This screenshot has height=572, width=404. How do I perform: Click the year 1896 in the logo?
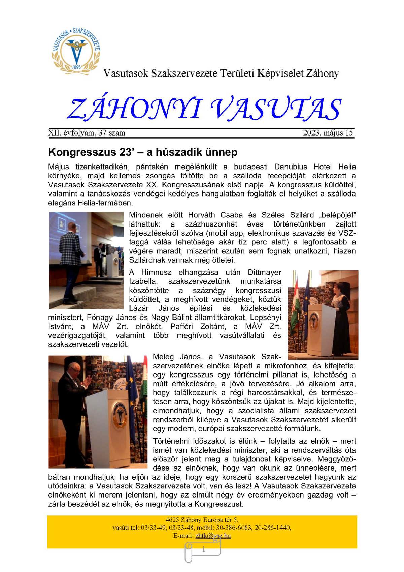click(x=77, y=67)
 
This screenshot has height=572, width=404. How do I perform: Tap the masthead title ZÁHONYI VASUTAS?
click(x=204, y=109)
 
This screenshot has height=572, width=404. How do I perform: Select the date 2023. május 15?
click(x=328, y=133)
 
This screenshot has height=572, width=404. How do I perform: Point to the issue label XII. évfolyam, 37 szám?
click(x=87, y=133)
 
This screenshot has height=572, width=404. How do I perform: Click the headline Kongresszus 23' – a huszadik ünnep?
click(x=143, y=152)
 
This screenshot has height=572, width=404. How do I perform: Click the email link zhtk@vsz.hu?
click(x=213, y=536)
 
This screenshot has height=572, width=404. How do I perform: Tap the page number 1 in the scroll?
click(x=203, y=549)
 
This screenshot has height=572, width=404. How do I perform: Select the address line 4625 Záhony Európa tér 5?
click(x=202, y=520)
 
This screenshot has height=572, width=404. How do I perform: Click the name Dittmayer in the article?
click(x=264, y=272)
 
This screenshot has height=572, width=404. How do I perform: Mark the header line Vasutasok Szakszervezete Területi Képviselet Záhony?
click(x=221, y=73)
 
